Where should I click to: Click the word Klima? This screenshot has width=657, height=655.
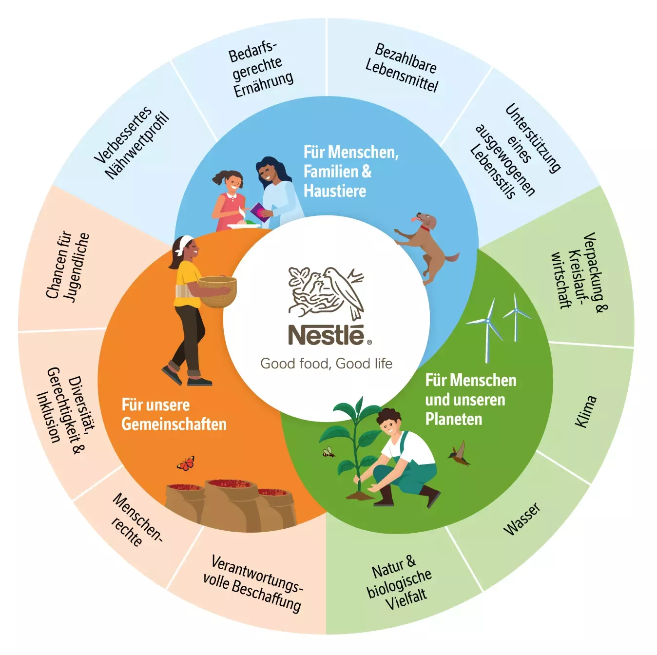click(x=585, y=411)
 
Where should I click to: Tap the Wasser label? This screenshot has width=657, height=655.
click(x=522, y=519)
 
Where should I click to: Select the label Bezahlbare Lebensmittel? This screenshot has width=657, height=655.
click(x=402, y=68)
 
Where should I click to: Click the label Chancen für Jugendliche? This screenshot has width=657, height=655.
click(x=68, y=266)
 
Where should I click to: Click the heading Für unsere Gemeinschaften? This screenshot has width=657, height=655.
click(x=174, y=415)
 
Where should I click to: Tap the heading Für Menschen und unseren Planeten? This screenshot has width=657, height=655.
click(x=470, y=399)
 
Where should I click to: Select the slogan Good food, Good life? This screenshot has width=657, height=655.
click(x=326, y=364)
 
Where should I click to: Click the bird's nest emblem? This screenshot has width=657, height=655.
click(x=326, y=293)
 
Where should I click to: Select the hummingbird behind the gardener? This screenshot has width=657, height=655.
click(x=459, y=454)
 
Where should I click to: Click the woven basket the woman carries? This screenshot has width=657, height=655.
click(x=217, y=291)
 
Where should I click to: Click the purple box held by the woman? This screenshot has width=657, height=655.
click(x=260, y=212)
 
